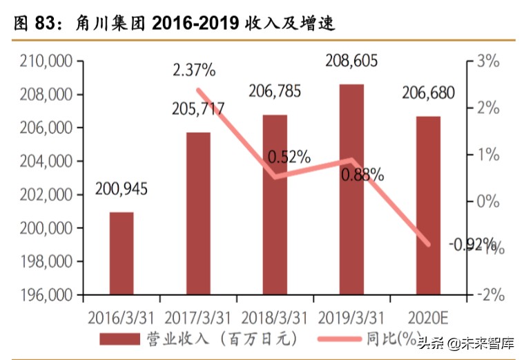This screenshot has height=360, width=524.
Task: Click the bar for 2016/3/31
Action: [x=122, y=253]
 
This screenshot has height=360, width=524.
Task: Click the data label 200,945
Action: [x=122, y=189]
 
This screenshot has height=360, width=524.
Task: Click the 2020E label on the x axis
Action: [x=428, y=317]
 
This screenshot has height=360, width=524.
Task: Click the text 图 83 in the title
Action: [x=34, y=23]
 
